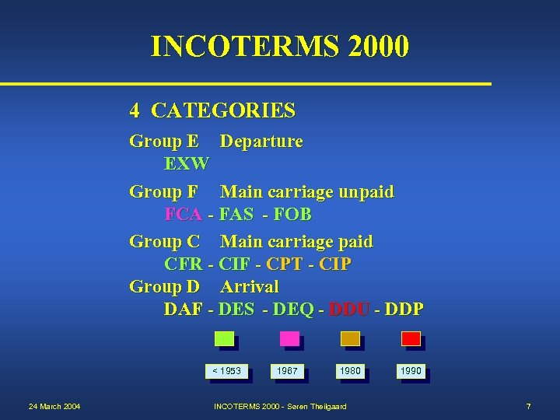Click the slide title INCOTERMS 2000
click(280, 47)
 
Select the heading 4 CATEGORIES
click(212, 111)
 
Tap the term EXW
click(187, 164)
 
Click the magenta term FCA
click(184, 214)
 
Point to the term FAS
click(236, 214)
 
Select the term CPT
click(285, 264)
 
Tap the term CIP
click(335, 264)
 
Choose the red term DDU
click(349, 309)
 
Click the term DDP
click(404, 309)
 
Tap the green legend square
click(224, 338)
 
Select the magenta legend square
click(289, 338)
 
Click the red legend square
click(411, 338)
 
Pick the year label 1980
click(350, 371)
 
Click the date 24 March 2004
click(54, 407)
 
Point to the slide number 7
click(528, 407)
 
